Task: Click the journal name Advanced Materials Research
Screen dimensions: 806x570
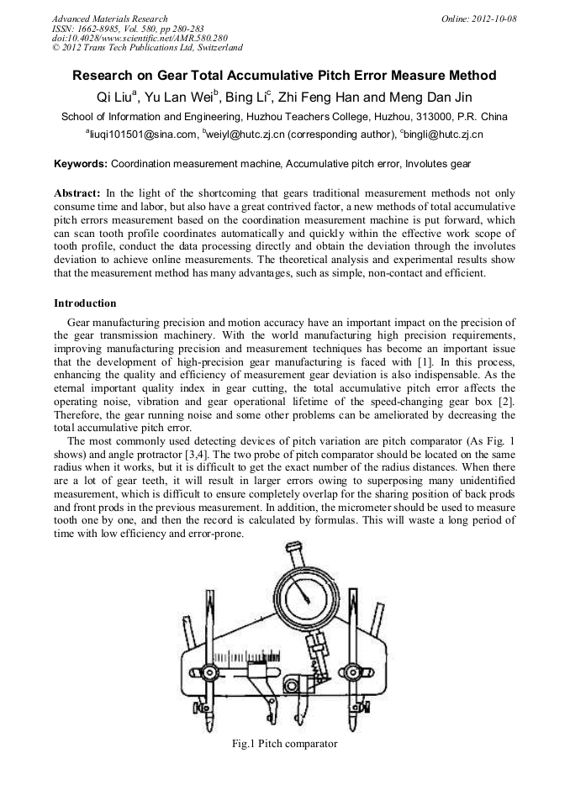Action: [x=109, y=18]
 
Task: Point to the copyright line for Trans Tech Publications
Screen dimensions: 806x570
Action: [x=147, y=48]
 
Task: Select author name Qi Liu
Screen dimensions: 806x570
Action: [x=117, y=96]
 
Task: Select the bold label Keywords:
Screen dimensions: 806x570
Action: [x=81, y=163]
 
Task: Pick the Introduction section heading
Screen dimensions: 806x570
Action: [x=85, y=303]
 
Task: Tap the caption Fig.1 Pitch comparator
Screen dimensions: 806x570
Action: [x=284, y=744]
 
